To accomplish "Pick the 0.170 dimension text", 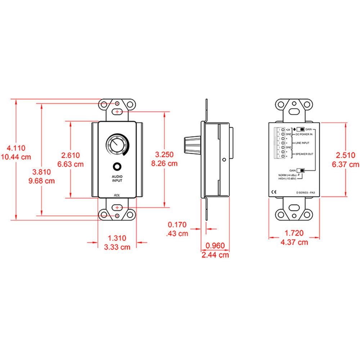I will click(x=177, y=225).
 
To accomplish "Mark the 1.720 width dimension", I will click(x=294, y=233).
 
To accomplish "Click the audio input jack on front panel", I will click(x=117, y=167).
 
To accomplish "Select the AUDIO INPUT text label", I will click(x=117, y=178).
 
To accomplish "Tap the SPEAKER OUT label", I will click(x=304, y=154).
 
